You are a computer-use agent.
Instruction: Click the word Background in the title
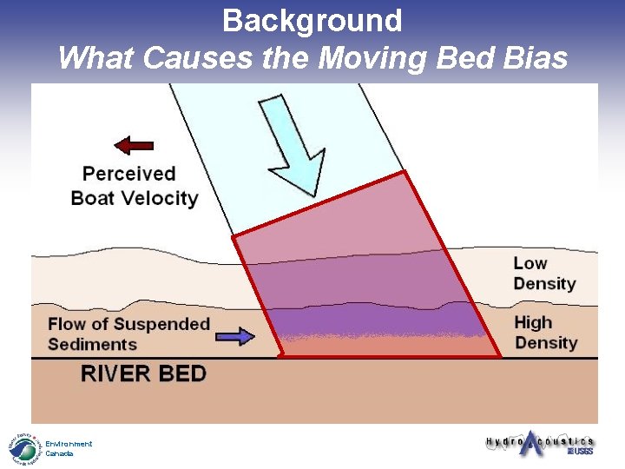(312, 20)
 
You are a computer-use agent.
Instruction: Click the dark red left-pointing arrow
(134, 145)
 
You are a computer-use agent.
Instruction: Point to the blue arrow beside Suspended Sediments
(234, 335)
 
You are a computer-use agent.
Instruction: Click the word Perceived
(129, 174)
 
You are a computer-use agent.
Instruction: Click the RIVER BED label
(143, 374)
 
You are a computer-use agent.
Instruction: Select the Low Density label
(544, 274)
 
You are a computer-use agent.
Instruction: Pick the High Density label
(545, 333)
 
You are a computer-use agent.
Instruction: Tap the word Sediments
(93, 344)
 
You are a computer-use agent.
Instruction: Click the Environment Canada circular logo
(24, 448)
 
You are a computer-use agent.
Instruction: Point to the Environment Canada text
(69, 448)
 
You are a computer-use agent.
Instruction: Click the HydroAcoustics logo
(538, 442)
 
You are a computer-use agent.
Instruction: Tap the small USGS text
(581, 452)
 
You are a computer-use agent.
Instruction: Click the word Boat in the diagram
(93, 198)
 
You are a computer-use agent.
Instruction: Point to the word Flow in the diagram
(66, 324)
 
